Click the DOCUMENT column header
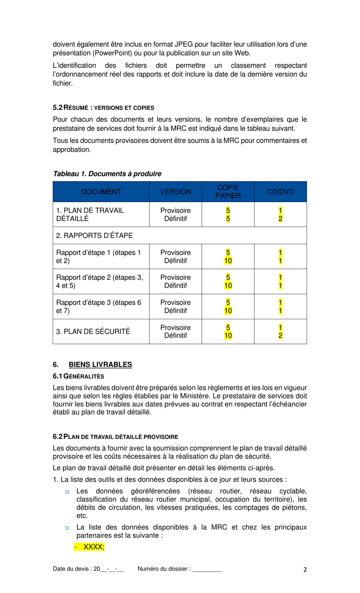(x=101, y=192)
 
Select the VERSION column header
(x=175, y=192)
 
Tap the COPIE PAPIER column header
(x=228, y=192)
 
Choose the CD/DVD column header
(x=280, y=192)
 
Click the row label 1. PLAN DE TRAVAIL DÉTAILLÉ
(x=90, y=215)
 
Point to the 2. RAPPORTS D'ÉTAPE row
(x=94, y=235)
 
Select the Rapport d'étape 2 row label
(x=99, y=281)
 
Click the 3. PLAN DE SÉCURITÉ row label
(x=93, y=331)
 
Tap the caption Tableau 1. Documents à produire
(x=107, y=174)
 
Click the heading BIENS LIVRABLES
(x=100, y=365)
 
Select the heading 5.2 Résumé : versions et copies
(x=103, y=108)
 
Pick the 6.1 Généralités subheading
(x=78, y=377)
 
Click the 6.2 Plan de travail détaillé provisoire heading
(x=115, y=437)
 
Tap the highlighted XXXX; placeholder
(x=94, y=547)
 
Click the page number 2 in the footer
(x=305, y=569)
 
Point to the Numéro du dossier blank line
(x=207, y=569)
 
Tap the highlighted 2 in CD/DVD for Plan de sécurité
(x=280, y=336)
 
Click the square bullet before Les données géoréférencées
(x=67, y=492)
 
